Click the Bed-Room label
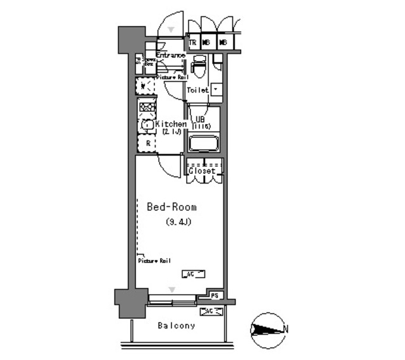pyautogui.click(x=171, y=207)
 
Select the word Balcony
pyautogui.click(x=176, y=326)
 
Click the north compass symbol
pyautogui.click(x=267, y=329)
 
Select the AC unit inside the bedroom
pyautogui.click(x=193, y=274)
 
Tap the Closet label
pyautogui.click(x=202, y=171)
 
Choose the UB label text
pyautogui.click(x=199, y=120)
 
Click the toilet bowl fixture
pyautogui.click(x=199, y=64)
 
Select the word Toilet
pyautogui.click(x=197, y=90)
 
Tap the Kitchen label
pyautogui.click(x=171, y=125)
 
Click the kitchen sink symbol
pyautogui.click(x=146, y=125)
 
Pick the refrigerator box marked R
pyautogui.click(x=147, y=144)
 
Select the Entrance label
pyautogui.click(x=170, y=56)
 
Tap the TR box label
pyautogui.click(x=193, y=42)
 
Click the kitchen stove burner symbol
pyautogui.click(x=146, y=107)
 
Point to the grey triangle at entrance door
pyautogui.click(x=170, y=29)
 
